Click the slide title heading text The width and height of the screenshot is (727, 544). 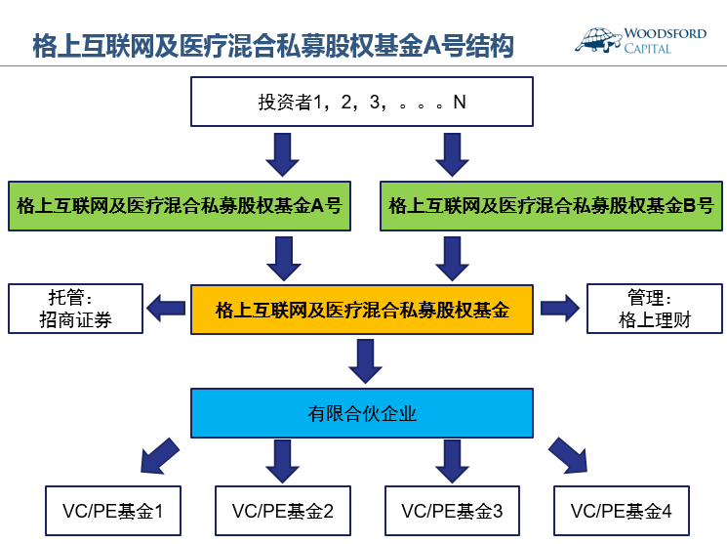pyautogui.click(x=273, y=45)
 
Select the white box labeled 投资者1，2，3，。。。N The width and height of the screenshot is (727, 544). pyautogui.click(x=362, y=103)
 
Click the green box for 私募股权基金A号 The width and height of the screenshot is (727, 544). pyautogui.click(x=179, y=206)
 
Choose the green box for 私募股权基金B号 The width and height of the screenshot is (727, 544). pyautogui.click(x=550, y=206)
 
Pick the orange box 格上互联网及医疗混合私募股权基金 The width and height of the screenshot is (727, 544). pyautogui.click(x=362, y=311)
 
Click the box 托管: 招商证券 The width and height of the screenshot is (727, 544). pyautogui.click(x=75, y=309)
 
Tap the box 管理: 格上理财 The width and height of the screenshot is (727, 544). pyautogui.click(x=655, y=309)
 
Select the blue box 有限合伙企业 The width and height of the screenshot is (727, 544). pyautogui.click(x=362, y=413)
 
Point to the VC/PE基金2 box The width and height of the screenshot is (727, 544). pyautogui.click(x=282, y=510)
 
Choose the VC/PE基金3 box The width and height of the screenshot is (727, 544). pyautogui.click(x=452, y=510)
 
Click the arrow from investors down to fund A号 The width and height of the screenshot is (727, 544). pyautogui.click(x=282, y=152)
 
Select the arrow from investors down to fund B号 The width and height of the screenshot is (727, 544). pyautogui.click(x=452, y=152)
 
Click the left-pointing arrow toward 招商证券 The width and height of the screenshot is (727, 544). pyautogui.click(x=166, y=310)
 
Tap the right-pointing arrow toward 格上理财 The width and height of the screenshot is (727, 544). pyautogui.click(x=559, y=310)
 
